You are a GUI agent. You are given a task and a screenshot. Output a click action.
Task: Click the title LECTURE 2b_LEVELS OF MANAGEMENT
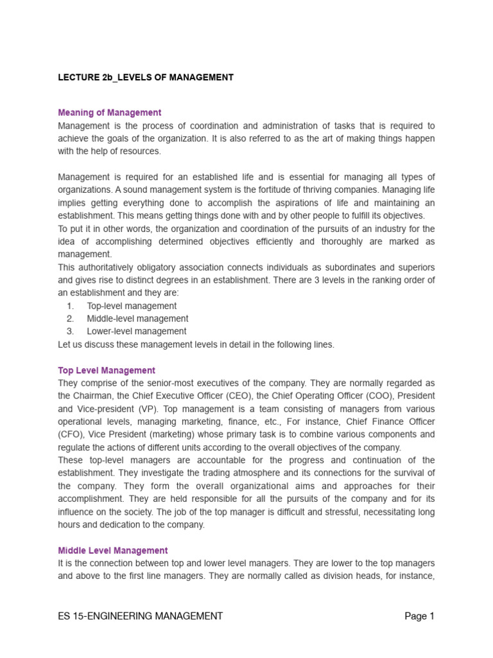click(x=146, y=78)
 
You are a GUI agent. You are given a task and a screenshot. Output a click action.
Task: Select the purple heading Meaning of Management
click(x=110, y=112)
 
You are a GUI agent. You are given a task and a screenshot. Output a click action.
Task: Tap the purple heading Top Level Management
click(x=107, y=371)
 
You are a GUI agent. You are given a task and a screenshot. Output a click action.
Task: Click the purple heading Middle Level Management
click(x=113, y=551)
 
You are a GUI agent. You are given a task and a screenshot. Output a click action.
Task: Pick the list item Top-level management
click(x=132, y=306)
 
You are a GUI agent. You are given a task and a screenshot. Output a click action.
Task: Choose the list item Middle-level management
click(x=137, y=319)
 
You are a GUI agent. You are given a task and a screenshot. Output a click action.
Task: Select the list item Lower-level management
click(x=137, y=332)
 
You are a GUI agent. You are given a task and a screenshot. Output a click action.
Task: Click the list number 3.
click(x=71, y=332)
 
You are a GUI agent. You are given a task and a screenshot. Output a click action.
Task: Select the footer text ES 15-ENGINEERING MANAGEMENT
click(x=141, y=616)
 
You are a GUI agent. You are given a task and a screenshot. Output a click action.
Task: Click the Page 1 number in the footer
click(x=419, y=616)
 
